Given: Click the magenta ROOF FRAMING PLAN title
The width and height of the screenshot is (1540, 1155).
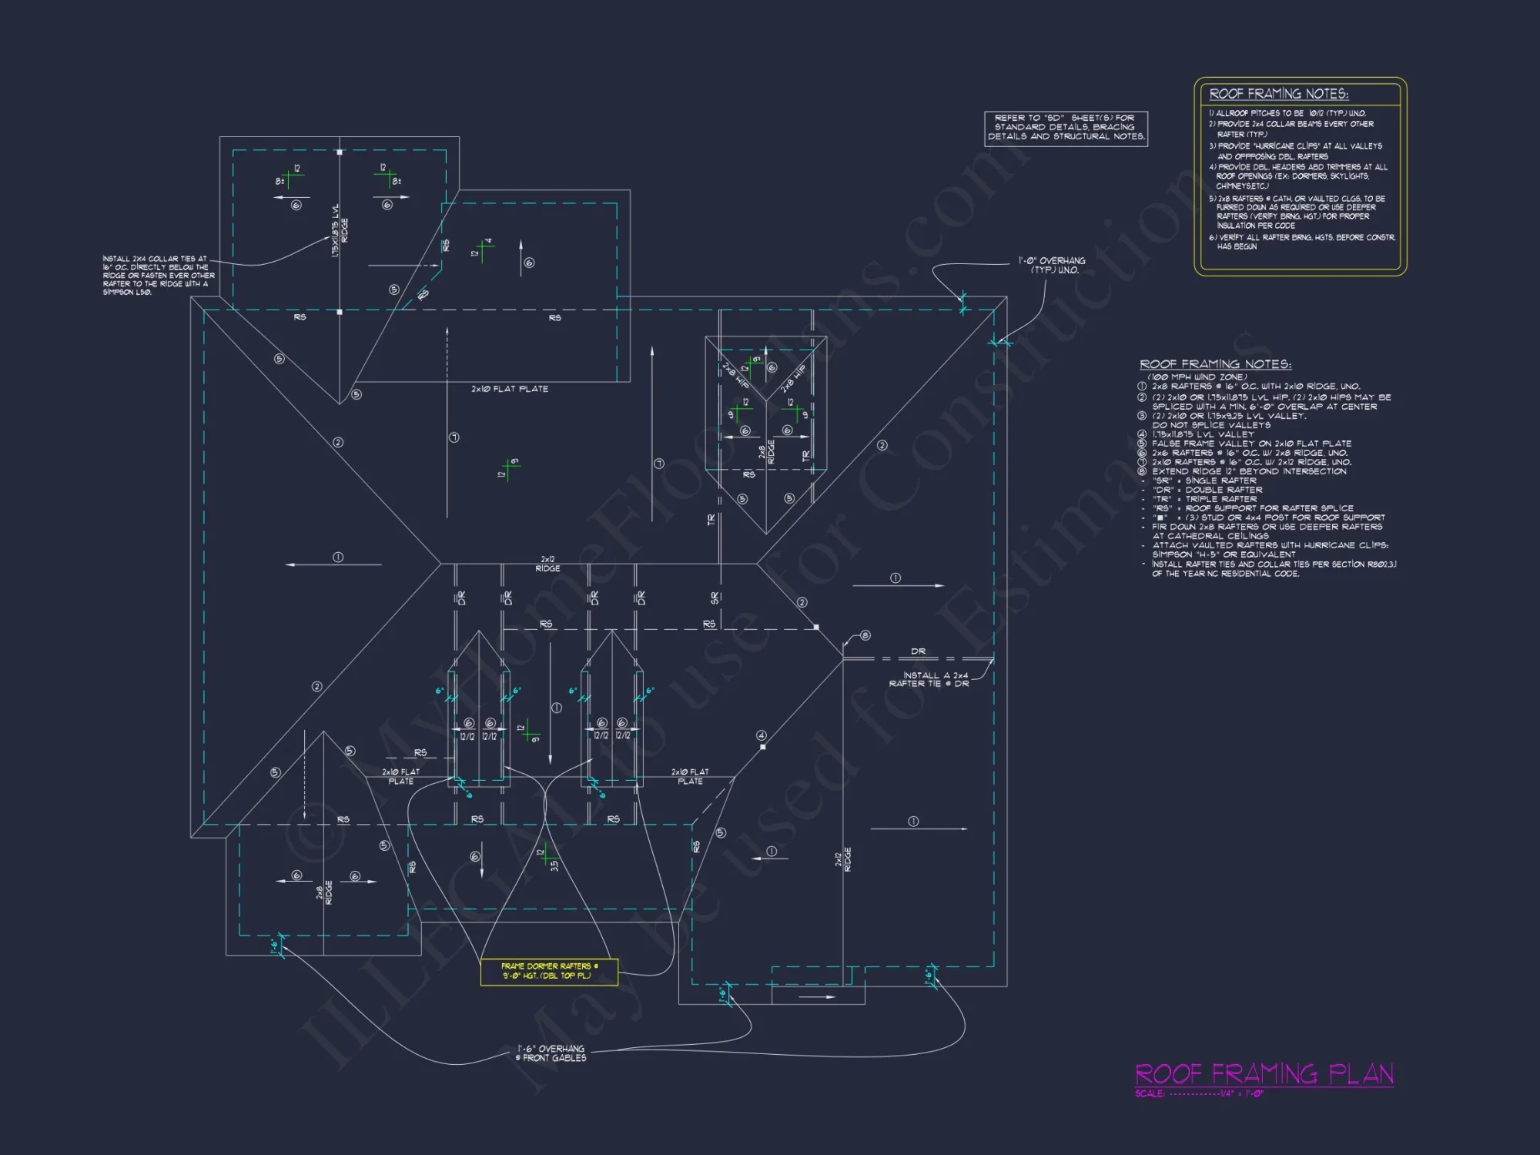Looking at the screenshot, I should [1264, 1074].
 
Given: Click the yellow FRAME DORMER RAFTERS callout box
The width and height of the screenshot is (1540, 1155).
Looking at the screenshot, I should [549, 971].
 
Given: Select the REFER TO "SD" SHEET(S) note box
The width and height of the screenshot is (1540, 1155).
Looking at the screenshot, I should [1066, 128].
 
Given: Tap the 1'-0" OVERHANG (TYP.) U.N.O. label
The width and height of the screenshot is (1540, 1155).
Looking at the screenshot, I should [1052, 266].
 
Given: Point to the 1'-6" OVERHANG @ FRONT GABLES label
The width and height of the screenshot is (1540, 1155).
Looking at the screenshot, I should [551, 1053].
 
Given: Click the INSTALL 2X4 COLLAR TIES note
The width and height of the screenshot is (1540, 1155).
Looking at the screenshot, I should [158, 276].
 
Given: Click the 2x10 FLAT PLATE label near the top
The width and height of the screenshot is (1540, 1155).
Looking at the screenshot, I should [510, 390].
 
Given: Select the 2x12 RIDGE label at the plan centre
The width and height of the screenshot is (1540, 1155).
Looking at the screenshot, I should [547, 564].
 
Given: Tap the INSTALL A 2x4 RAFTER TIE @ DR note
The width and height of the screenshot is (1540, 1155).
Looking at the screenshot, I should [929, 679].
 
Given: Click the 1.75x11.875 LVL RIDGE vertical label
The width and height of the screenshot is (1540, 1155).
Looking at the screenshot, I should [339, 230].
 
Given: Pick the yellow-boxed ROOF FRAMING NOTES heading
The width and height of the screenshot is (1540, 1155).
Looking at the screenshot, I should [1278, 94].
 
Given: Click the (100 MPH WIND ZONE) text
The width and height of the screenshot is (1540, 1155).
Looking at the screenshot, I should [1197, 377].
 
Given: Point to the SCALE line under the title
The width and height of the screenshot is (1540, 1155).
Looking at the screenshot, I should [1199, 1094].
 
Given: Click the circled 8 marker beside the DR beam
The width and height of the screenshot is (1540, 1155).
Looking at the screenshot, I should [865, 635].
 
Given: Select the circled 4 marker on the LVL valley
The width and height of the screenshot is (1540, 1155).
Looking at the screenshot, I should [761, 735].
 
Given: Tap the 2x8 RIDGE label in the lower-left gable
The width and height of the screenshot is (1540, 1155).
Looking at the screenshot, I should [324, 893].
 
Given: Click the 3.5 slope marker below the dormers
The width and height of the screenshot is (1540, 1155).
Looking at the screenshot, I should [554, 865].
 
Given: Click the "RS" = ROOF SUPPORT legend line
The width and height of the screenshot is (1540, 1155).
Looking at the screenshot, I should [1253, 508].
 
